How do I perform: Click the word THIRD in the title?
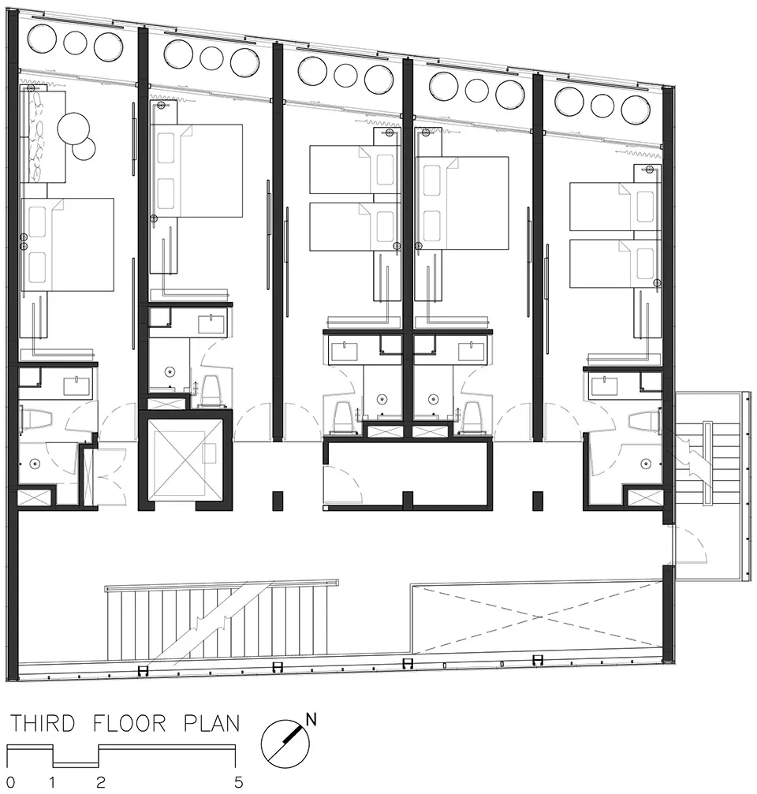[43, 724]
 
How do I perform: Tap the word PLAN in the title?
[211, 724]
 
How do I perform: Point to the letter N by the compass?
[311, 719]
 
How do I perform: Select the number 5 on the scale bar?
[238, 782]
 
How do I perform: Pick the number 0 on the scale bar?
[10, 782]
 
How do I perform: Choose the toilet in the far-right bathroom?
[644, 421]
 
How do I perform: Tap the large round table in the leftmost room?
[74, 129]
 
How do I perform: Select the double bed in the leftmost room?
[67, 244]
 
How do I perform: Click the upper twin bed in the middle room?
[355, 170]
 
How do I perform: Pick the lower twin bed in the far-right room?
[615, 263]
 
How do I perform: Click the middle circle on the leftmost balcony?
[76, 43]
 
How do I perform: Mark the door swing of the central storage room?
[342, 483]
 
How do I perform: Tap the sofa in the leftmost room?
[43, 136]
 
